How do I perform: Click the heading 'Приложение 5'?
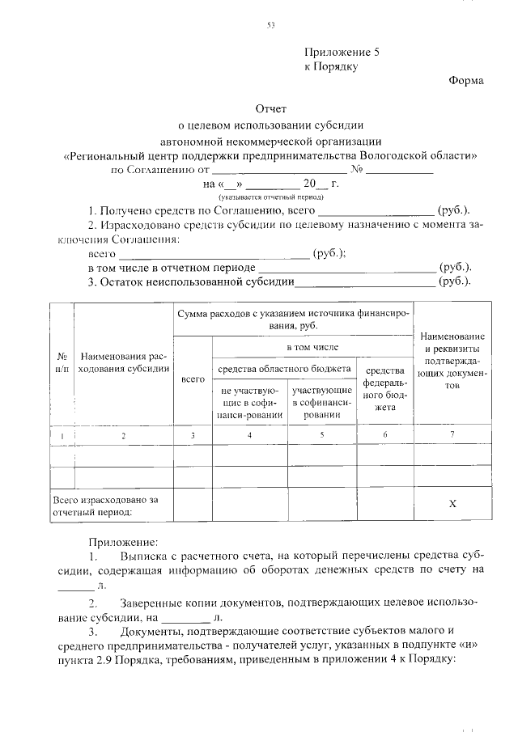pos(341,51)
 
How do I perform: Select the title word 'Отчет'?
pos(271,108)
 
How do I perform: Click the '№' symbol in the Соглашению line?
pos(356,171)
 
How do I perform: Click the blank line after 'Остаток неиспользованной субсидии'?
pos(364,282)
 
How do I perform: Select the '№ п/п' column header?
pos(62,362)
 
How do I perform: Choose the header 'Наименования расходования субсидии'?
pos(124,362)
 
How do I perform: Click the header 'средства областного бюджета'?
pos(287,369)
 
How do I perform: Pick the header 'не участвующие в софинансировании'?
pos(249,402)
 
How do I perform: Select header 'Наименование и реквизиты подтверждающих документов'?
pos(452,361)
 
